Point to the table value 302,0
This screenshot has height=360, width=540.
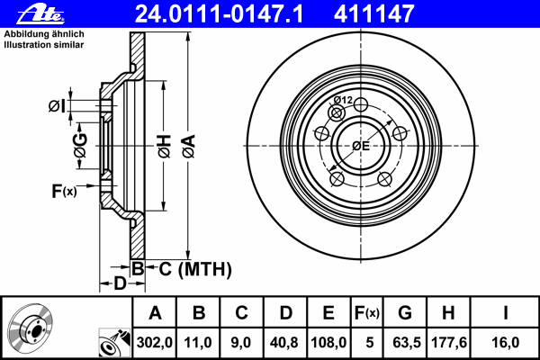pyautogui.click(x=155, y=342)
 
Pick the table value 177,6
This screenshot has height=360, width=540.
pyautogui.click(x=449, y=342)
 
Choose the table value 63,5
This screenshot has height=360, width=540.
pyautogui.click(x=405, y=342)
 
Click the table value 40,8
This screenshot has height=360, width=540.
pyautogui.click(x=285, y=342)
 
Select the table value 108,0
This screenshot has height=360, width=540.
pyautogui.click(x=328, y=342)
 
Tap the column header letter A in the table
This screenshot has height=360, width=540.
pyautogui.click(x=155, y=312)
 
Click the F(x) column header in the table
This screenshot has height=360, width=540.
pyautogui.click(x=367, y=312)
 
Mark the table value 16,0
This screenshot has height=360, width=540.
pyautogui.click(x=507, y=342)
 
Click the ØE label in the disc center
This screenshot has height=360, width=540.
pyautogui.click(x=361, y=145)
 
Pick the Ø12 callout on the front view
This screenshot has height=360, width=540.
pyautogui.click(x=343, y=100)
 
